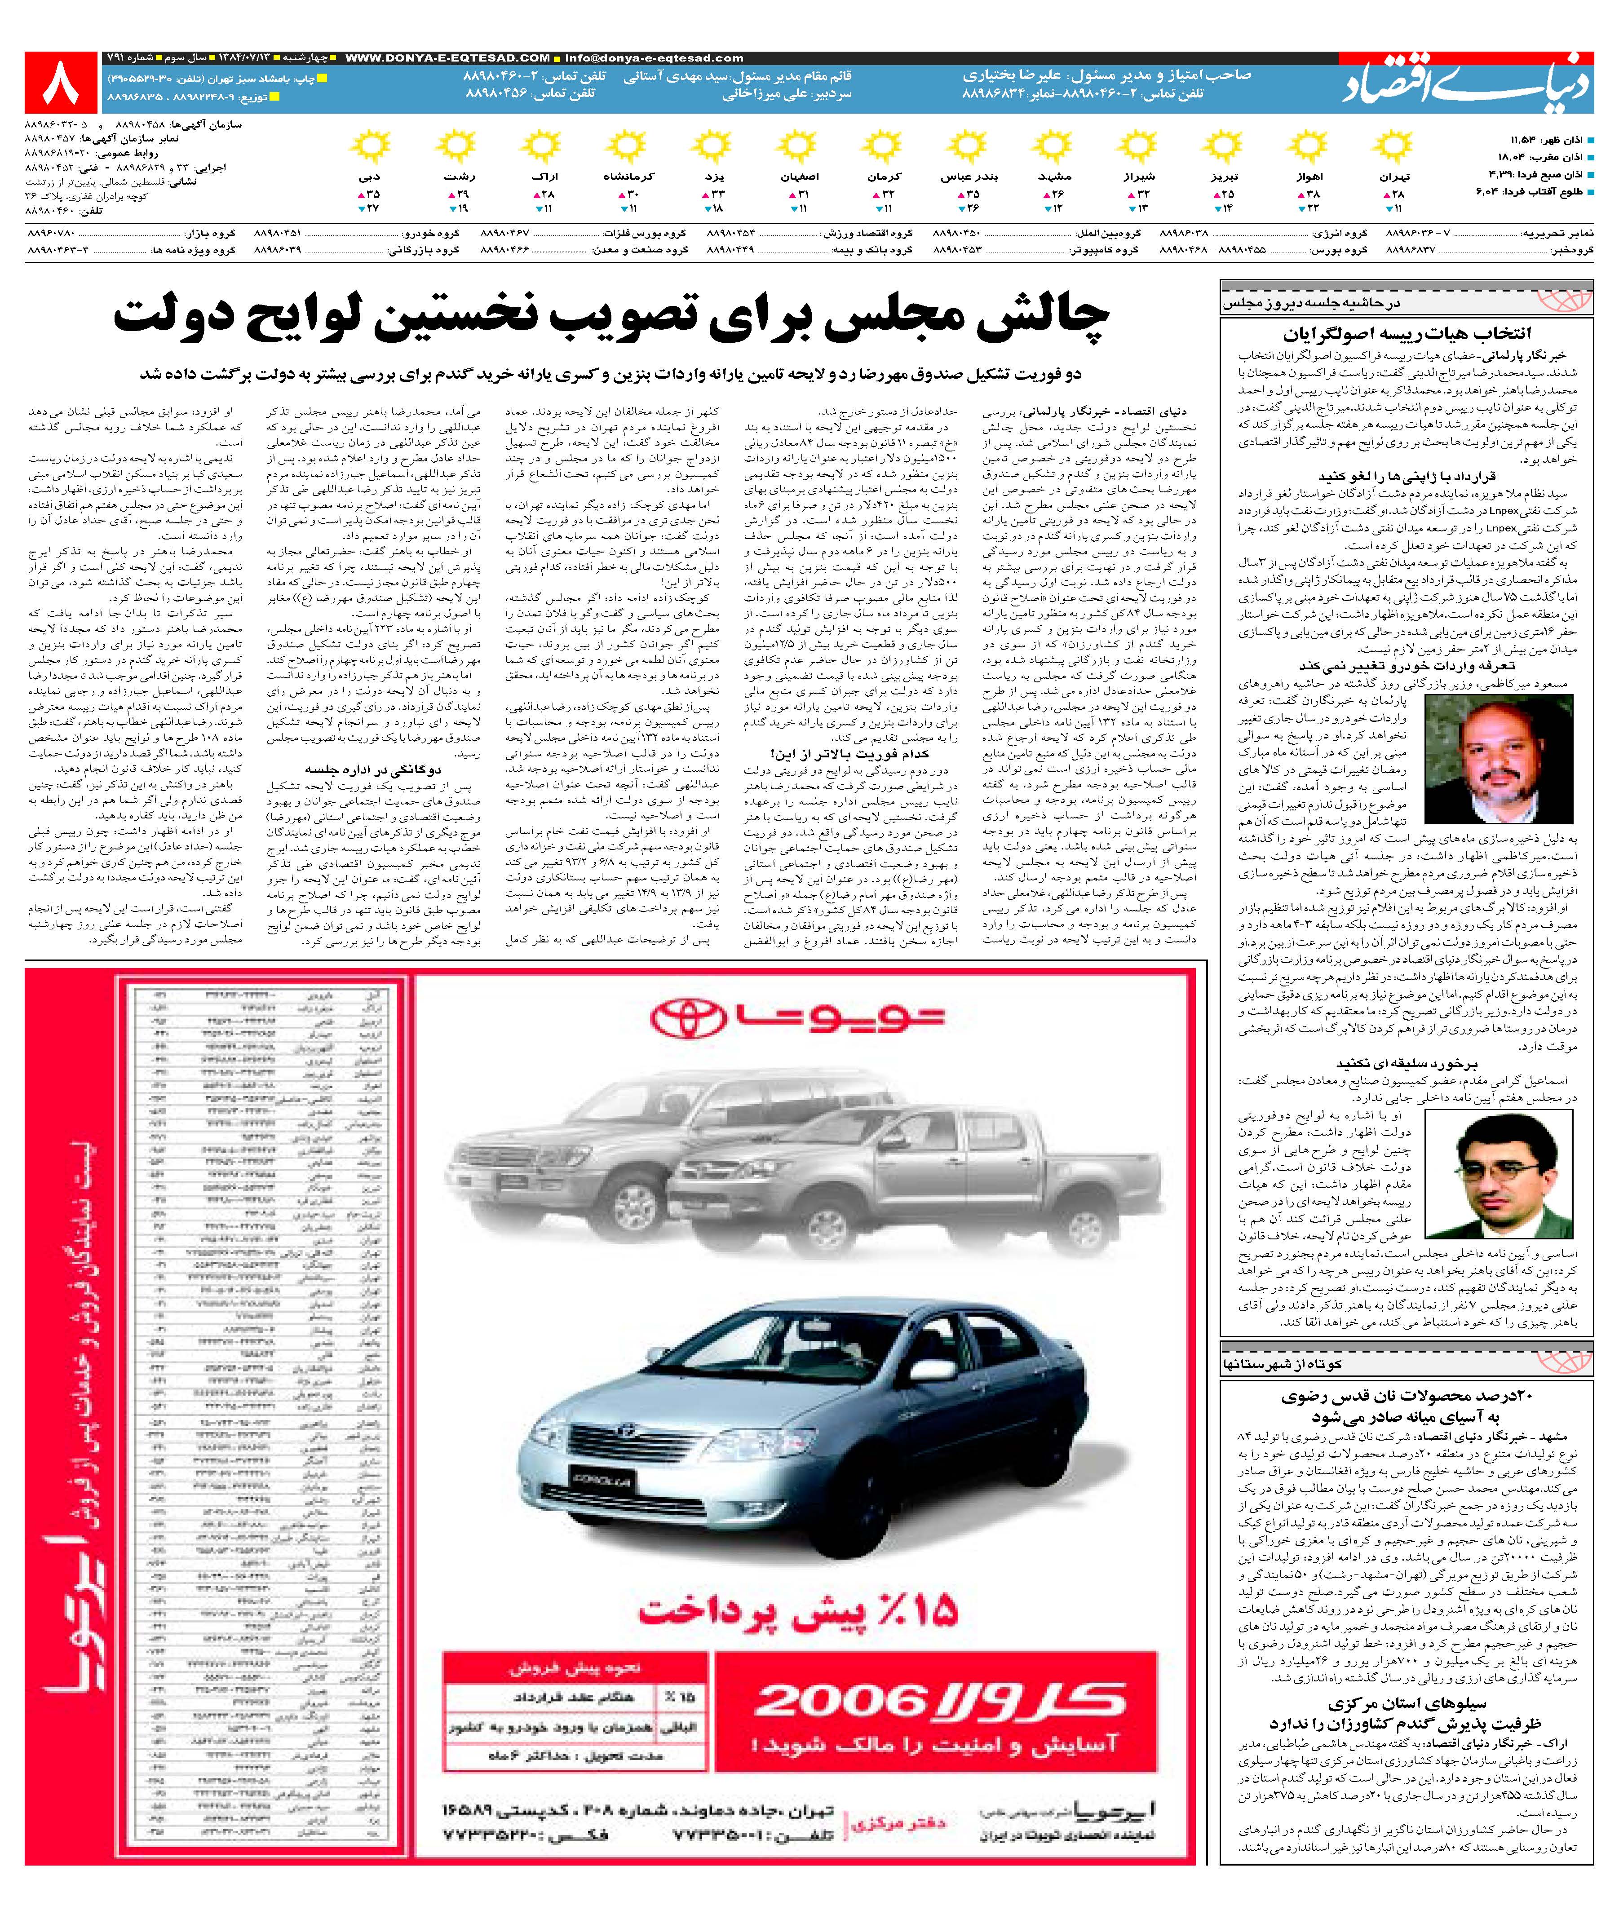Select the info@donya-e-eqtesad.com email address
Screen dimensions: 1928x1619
pos(654,58)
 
